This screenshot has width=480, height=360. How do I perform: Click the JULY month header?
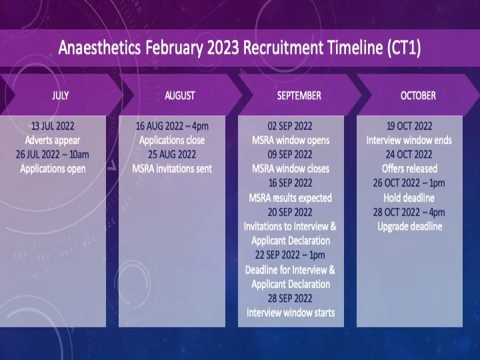point(61,95)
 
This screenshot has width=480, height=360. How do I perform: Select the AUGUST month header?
point(179,95)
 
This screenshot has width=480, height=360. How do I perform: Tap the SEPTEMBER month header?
point(299,95)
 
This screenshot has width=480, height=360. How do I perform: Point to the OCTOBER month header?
point(418,95)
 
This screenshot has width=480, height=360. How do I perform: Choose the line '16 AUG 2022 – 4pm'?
point(172,125)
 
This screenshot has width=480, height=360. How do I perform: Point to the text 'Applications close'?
point(172,140)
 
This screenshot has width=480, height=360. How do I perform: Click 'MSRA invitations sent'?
point(172,169)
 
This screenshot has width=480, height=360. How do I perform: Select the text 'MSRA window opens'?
point(291,140)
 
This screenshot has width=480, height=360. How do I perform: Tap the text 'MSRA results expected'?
point(291,197)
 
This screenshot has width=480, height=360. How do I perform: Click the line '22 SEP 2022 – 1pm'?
point(291,255)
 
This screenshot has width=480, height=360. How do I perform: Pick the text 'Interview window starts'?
point(291,312)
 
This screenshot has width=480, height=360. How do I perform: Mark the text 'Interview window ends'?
point(409,140)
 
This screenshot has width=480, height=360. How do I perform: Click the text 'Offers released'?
point(409,169)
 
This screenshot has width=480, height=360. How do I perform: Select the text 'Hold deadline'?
point(409,197)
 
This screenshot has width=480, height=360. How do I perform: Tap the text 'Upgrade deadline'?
point(409,226)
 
